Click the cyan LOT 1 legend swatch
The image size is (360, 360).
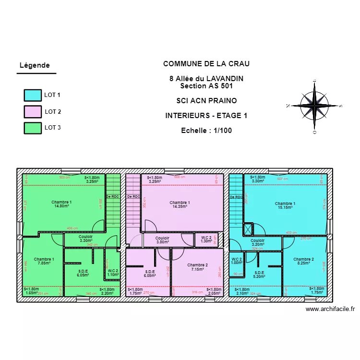point(33,95)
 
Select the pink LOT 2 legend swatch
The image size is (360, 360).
point(33,111)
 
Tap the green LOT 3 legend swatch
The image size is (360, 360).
point(33,128)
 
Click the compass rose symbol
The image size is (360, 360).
point(314,105)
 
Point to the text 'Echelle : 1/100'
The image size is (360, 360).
point(206,130)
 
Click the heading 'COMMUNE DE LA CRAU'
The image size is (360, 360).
point(206,64)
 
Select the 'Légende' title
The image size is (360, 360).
point(34,65)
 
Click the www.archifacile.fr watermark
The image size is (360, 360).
point(330,310)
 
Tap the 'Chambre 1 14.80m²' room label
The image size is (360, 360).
point(61,204)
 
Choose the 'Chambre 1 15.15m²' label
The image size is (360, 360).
point(285,205)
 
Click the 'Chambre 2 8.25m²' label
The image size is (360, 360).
point(303,261)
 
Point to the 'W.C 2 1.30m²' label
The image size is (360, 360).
point(206,240)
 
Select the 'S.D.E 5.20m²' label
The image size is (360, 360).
point(260,274)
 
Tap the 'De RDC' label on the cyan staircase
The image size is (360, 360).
point(236,197)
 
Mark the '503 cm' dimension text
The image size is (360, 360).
point(64,178)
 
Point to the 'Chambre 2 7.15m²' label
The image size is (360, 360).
point(197,267)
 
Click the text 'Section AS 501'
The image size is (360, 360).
point(206,86)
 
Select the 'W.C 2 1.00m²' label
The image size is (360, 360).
point(237,261)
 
